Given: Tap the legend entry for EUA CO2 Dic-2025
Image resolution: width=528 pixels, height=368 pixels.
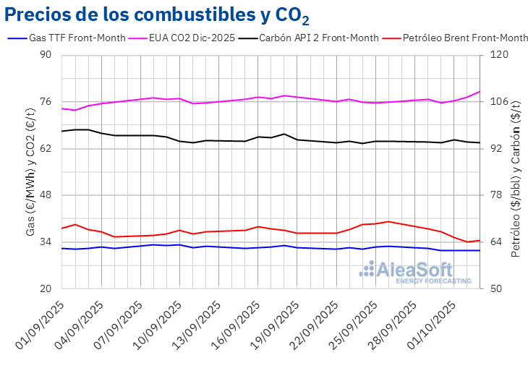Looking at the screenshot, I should (191, 38).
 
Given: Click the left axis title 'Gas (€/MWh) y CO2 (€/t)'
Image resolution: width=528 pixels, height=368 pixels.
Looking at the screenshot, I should (30, 171).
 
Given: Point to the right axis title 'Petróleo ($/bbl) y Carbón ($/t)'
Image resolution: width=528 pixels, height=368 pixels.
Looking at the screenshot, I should (516, 171).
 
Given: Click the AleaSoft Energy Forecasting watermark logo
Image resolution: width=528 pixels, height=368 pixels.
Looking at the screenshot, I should (416, 272).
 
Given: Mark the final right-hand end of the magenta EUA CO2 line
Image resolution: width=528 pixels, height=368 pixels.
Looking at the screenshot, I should (480, 92).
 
